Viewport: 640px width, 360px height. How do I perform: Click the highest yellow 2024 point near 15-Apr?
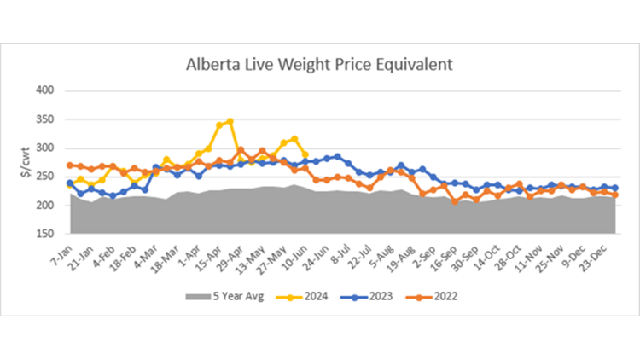tap(230, 121)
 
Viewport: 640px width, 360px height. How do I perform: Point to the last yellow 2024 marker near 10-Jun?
tap(305, 154)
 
